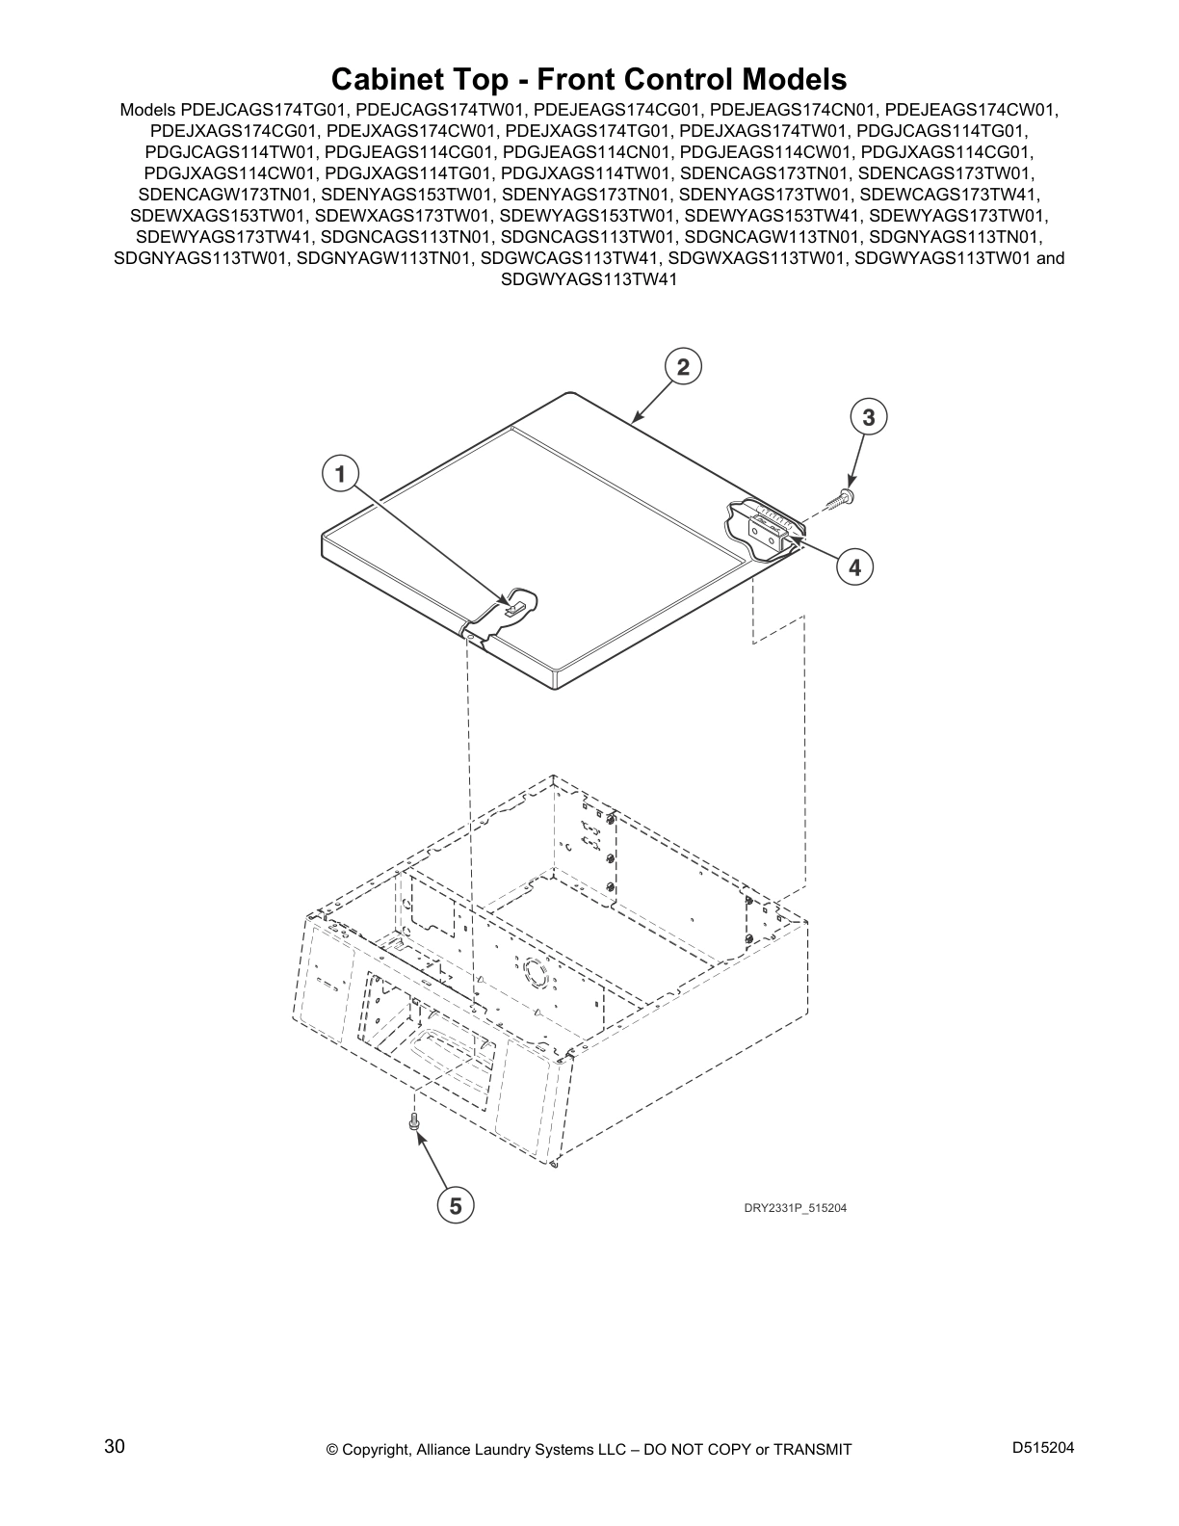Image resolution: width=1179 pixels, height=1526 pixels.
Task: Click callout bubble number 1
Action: coord(341,475)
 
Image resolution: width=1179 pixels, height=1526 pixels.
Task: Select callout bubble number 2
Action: coord(683,367)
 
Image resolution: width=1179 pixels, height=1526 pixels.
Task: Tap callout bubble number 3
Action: coord(869,418)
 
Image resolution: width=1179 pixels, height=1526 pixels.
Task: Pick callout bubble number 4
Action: coord(854,566)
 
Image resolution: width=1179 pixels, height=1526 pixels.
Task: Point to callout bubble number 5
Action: coord(455,1206)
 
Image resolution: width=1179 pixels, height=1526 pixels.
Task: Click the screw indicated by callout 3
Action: coord(840,500)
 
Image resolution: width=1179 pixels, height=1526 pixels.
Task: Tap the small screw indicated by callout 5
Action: coord(413,1121)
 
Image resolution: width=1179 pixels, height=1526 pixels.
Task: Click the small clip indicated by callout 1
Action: coord(514,608)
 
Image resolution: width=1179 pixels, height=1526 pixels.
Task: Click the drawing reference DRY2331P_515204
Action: coord(795,1208)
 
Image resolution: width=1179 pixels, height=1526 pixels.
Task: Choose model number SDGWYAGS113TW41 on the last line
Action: coord(589,279)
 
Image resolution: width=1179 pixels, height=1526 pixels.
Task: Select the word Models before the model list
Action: coord(147,110)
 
